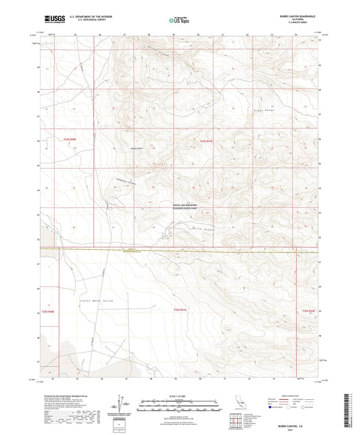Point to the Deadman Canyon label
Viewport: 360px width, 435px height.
(120, 182)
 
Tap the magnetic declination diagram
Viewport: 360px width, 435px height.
(124, 403)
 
